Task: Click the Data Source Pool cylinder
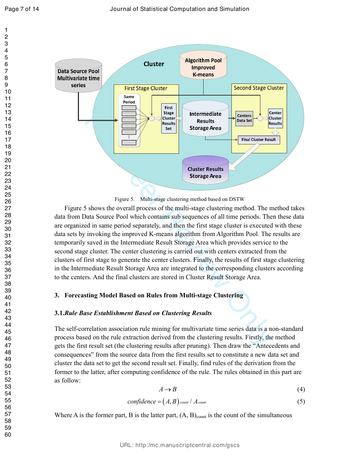(79, 75)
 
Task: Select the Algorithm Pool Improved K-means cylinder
(203, 65)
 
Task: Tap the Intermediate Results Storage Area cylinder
(205, 118)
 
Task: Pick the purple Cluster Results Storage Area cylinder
(205, 169)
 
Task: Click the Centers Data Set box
(244, 118)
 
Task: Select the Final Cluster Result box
(259, 140)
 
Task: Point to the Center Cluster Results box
(275, 118)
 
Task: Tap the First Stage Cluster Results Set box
(169, 118)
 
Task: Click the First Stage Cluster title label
(146, 88)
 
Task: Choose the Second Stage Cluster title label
(259, 88)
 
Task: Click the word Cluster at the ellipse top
(154, 64)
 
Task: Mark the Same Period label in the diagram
(129, 99)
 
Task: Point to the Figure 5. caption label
(125, 199)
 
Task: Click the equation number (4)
(301, 389)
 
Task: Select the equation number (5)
(301, 401)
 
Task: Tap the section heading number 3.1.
(59, 313)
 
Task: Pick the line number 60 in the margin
(8, 435)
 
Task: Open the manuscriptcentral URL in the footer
(180, 445)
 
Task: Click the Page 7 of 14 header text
(22, 9)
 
